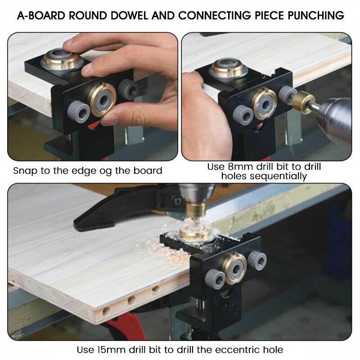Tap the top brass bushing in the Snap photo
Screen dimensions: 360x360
pos(62,61)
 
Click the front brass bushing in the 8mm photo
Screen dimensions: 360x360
pos(264,103)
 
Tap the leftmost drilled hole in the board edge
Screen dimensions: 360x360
pos(106,310)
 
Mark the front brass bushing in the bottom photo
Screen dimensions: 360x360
pos(234,269)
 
